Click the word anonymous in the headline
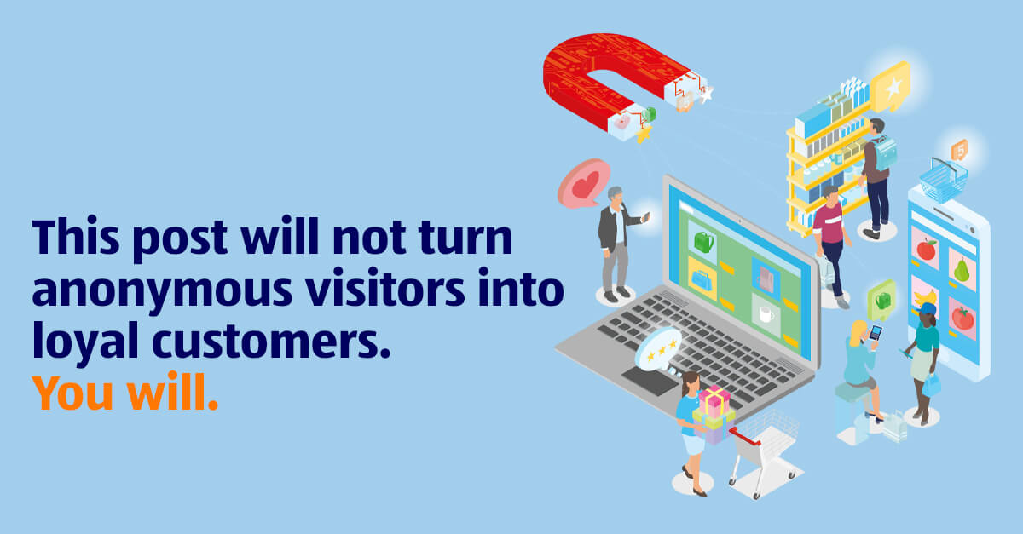point(162,290)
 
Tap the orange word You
point(72,393)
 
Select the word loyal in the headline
point(85,341)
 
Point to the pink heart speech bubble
point(583,183)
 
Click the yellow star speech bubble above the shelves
point(891,88)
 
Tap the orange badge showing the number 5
point(960,151)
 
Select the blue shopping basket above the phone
point(943,181)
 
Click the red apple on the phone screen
point(926,250)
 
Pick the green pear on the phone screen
point(962,270)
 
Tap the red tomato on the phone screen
point(962,318)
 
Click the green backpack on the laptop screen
point(703,241)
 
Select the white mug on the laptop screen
point(766,314)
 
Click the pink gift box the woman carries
point(714,401)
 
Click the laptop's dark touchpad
point(650,381)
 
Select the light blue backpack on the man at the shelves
point(884,153)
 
